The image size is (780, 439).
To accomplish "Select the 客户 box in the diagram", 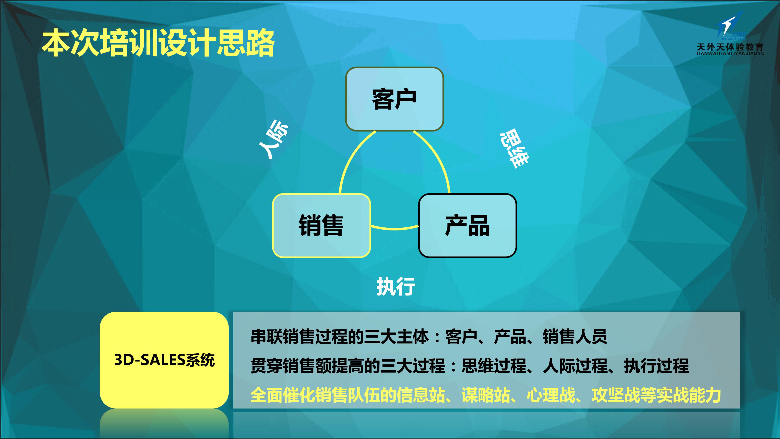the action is click(394, 99).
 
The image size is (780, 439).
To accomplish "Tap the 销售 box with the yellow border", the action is click(322, 225).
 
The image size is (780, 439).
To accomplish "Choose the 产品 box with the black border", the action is click(468, 225).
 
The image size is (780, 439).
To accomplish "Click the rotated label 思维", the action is click(514, 148).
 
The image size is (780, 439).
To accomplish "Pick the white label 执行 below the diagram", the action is click(396, 286).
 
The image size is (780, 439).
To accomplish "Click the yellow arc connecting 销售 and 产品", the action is click(394, 229).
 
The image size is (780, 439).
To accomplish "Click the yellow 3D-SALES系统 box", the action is click(164, 360).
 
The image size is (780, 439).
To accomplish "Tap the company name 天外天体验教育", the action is click(730, 47).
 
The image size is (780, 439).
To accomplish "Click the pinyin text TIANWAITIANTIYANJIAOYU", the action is click(730, 53).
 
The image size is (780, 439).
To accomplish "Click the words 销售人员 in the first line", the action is click(575, 337).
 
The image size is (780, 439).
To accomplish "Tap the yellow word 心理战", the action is click(551, 395).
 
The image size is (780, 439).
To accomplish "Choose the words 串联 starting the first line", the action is click(267, 337).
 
